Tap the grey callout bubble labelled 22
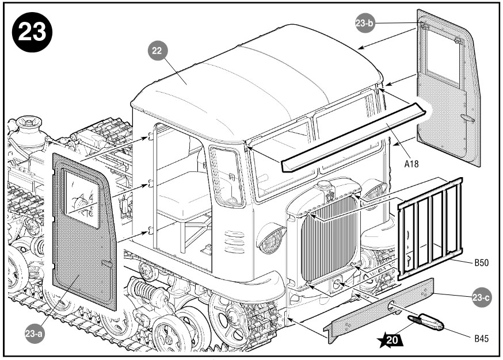157,51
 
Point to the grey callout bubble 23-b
365,23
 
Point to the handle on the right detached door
467,118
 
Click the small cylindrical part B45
425,323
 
